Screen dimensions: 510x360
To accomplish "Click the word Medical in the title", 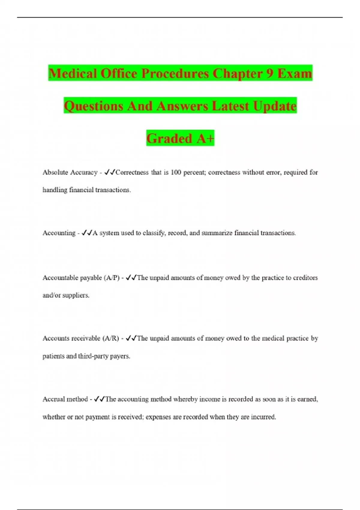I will pyautogui.click(x=73, y=73).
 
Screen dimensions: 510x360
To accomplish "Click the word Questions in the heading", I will pyautogui.click(x=93, y=106).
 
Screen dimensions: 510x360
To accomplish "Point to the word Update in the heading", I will pyautogui.click(x=274, y=106).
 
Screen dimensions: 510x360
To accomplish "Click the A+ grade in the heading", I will pyautogui.click(x=205, y=138).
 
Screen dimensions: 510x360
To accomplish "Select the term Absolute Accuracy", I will pyautogui.click(x=70, y=172).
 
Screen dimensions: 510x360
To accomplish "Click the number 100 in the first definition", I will pyautogui.click(x=176, y=172).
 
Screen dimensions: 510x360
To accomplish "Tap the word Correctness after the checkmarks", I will pyautogui.click(x=132, y=172).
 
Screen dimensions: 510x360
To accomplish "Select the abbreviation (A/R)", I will pyautogui.click(x=111, y=338).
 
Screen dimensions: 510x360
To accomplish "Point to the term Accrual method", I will pyautogui.click(x=65, y=399).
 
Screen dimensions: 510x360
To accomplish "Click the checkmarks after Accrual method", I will pyautogui.click(x=99, y=399).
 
